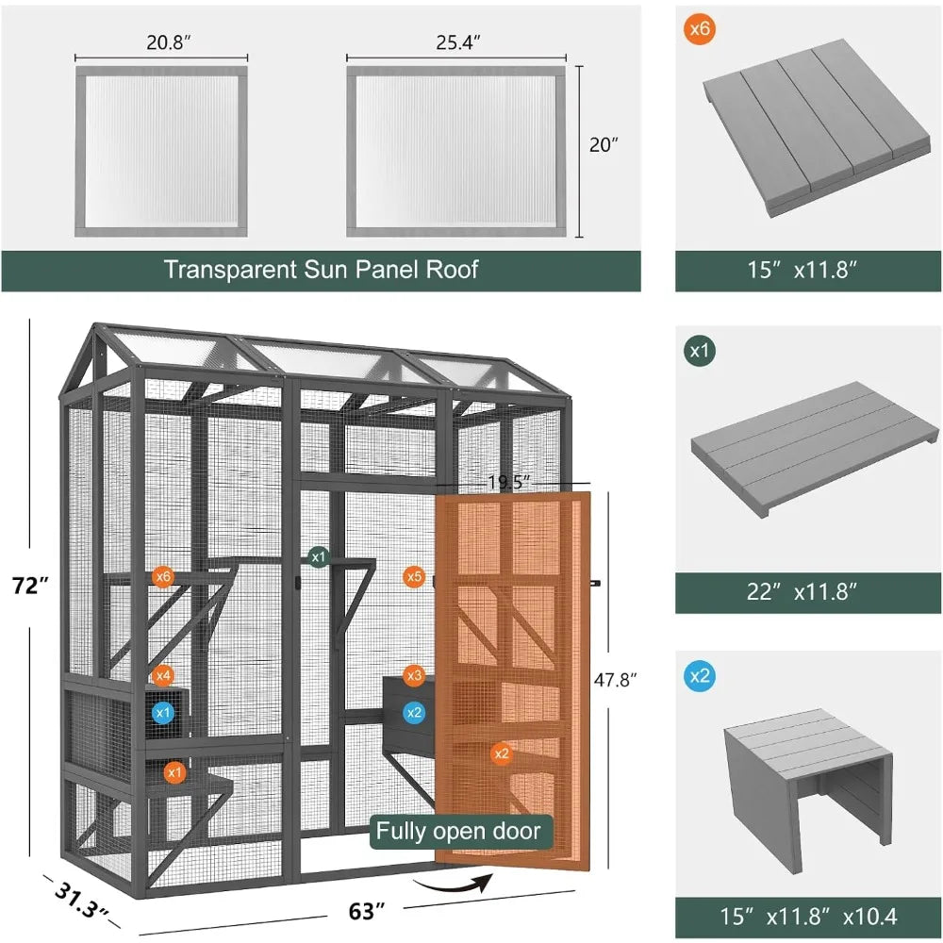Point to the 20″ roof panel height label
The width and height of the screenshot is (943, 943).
point(604,145)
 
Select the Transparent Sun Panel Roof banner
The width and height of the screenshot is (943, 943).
point(321,270)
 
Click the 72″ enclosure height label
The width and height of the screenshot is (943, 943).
point(31,586)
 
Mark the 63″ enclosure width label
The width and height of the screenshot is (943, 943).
point(367,912)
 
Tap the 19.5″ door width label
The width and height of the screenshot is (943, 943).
point(510,481)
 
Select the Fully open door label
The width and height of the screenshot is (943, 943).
point(458,831)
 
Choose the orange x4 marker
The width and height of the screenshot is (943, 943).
point(163,675)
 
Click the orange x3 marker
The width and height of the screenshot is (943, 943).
point(413,675)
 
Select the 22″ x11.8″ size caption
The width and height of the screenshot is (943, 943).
point(807,592)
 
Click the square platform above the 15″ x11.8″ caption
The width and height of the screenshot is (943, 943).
point(807,127)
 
